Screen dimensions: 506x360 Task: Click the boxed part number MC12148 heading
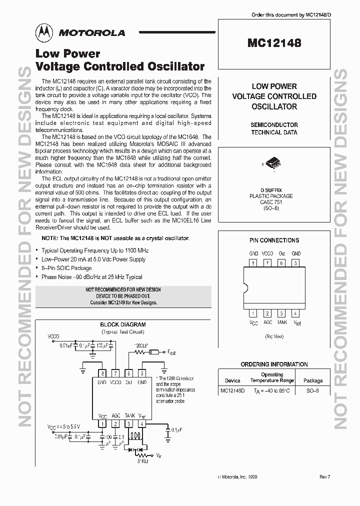coord(274,43)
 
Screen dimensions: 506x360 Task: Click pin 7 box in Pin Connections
coord(267,263)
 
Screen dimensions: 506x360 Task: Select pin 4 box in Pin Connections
coord(296,313)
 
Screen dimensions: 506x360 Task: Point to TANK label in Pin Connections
coord(282,322)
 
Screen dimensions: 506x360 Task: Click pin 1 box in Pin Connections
coord(254,313)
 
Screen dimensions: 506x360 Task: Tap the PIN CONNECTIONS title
coord(274,240)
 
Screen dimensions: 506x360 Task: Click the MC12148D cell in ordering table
coord(232,390)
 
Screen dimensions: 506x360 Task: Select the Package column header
coord(313,380)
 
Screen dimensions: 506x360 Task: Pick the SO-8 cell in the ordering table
coord(313,390)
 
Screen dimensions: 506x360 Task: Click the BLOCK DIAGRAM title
coord(123,324)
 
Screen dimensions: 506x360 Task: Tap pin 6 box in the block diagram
coord(129,372)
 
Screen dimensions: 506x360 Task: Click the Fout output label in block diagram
coord(171,352)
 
